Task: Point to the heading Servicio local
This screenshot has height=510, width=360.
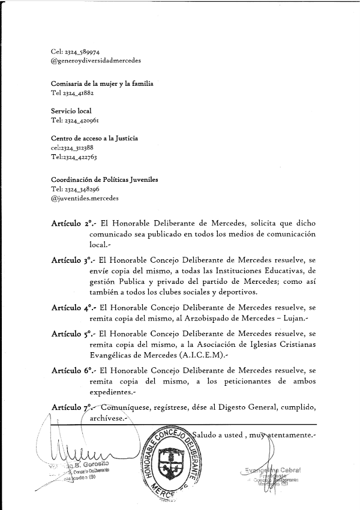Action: (71, 111)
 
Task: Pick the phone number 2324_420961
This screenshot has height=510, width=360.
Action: (82, 120)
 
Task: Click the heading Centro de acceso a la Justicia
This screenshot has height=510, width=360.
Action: (95, 138)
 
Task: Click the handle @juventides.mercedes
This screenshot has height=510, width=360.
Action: (85, 197)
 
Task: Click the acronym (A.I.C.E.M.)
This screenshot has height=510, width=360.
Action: (202, 355)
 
